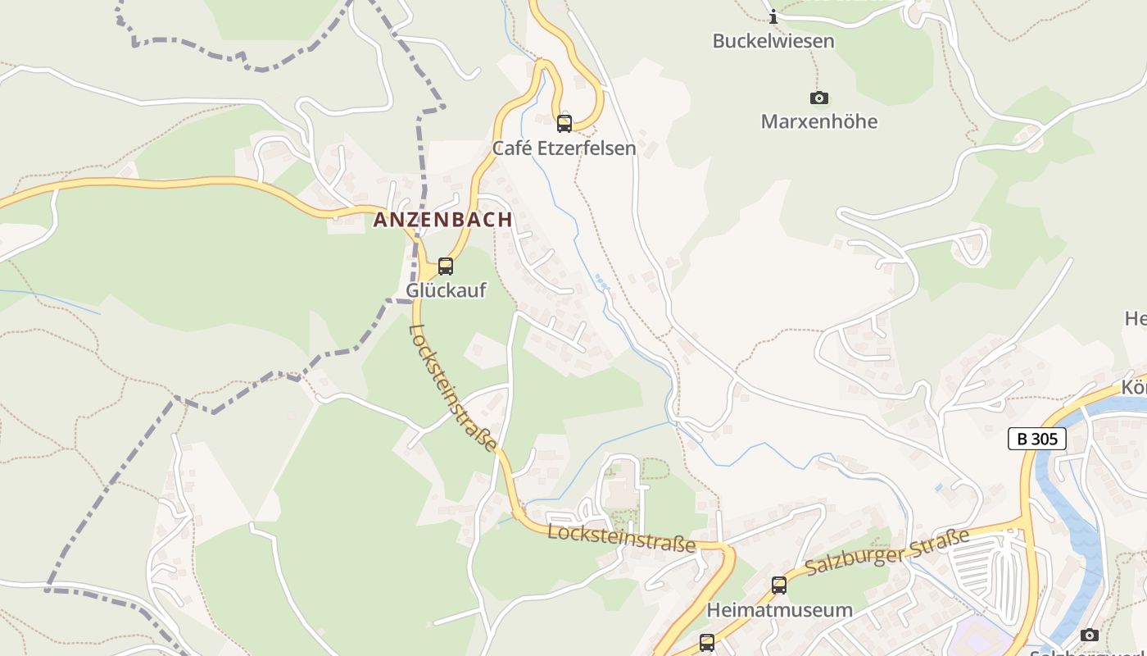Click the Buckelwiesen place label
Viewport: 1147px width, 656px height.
773,41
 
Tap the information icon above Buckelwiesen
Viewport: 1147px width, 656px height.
773,16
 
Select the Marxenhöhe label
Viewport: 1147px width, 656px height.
818,121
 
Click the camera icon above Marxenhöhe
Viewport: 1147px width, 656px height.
818,98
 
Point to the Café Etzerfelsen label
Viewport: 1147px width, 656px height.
564,148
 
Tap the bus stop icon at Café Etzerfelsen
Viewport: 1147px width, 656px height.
564,124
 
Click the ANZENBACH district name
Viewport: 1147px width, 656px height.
442,220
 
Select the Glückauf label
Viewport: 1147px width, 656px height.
446,290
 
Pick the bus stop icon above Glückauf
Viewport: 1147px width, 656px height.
446,266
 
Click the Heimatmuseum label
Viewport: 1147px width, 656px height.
779,610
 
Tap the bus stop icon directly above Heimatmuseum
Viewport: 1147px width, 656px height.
779,585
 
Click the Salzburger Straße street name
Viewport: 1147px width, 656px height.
887,552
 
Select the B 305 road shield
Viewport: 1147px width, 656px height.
1036,439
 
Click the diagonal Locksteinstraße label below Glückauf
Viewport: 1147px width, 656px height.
453,388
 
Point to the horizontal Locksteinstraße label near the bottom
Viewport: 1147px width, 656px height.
622,538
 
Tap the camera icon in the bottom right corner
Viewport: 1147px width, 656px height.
1089,635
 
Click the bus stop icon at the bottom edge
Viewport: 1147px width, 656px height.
706,643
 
